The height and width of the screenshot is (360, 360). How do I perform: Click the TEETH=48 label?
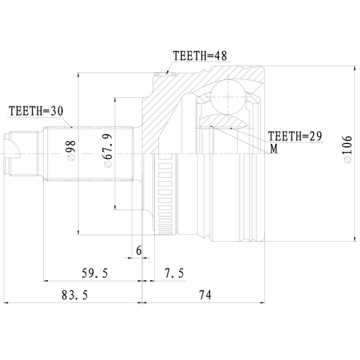(x=200, y=55)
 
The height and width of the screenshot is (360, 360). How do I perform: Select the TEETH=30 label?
(x=35, y=111)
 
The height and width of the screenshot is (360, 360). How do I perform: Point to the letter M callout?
(x=274, y=148)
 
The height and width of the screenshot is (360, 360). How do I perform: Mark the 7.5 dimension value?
(x=174, y=273)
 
